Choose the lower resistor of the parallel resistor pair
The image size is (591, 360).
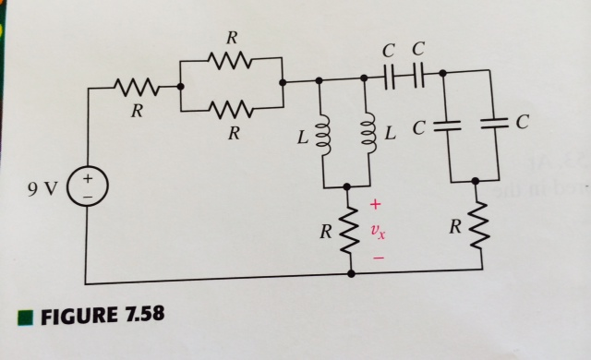pyautogui.click(x=231, y=109)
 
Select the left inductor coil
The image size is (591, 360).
pyautogui.click(x=321, y=137)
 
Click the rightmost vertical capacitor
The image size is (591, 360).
pyautogui.click(x=499, y=122)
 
